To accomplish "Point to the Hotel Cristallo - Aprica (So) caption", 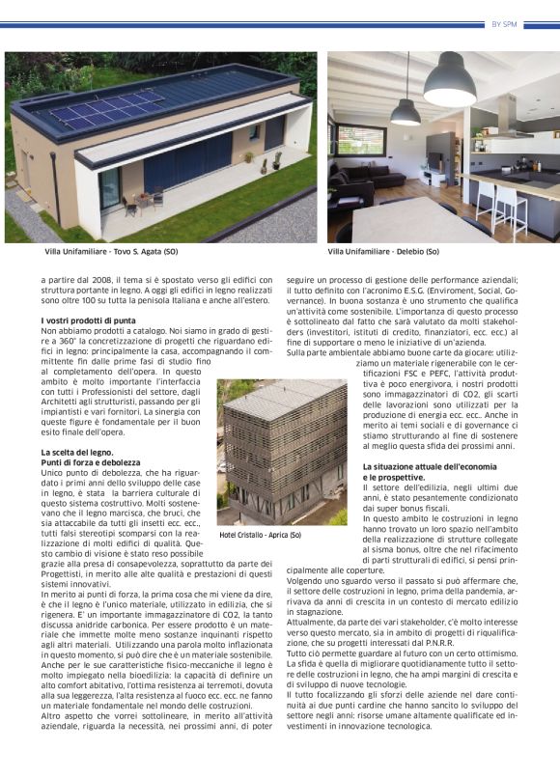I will coord(260,535).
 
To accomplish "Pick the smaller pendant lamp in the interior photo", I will coord(405,112).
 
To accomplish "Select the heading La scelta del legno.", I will coord(77,452).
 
